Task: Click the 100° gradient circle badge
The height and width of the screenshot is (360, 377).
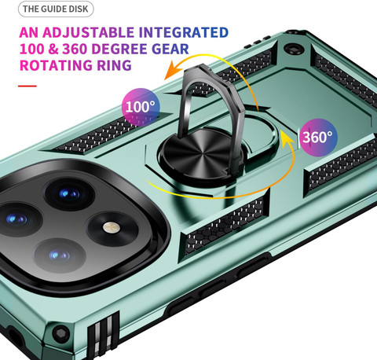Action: [x=141, y=107]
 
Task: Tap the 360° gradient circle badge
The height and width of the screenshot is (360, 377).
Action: [x=318, y=138]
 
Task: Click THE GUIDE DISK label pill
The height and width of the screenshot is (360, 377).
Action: [x=56, y=9]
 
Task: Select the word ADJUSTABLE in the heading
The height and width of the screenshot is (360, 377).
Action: [x=88, y=32]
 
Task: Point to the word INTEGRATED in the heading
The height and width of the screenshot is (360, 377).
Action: [x=184, y=32]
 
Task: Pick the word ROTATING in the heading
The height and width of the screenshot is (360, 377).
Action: [x=56, y=65]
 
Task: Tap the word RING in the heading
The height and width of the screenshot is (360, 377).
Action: [x=114, y=65]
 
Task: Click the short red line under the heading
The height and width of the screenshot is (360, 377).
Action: [x=27, y=86]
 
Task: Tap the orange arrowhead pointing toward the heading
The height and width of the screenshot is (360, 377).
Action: [x=174, y=70]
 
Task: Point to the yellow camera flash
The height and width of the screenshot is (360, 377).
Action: [x=112, y=227]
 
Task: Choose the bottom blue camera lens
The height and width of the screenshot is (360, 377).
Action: [x=59, y=255]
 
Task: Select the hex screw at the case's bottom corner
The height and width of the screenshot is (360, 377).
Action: [x=60, y=334]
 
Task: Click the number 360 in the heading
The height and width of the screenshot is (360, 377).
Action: [x=75, y=49]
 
